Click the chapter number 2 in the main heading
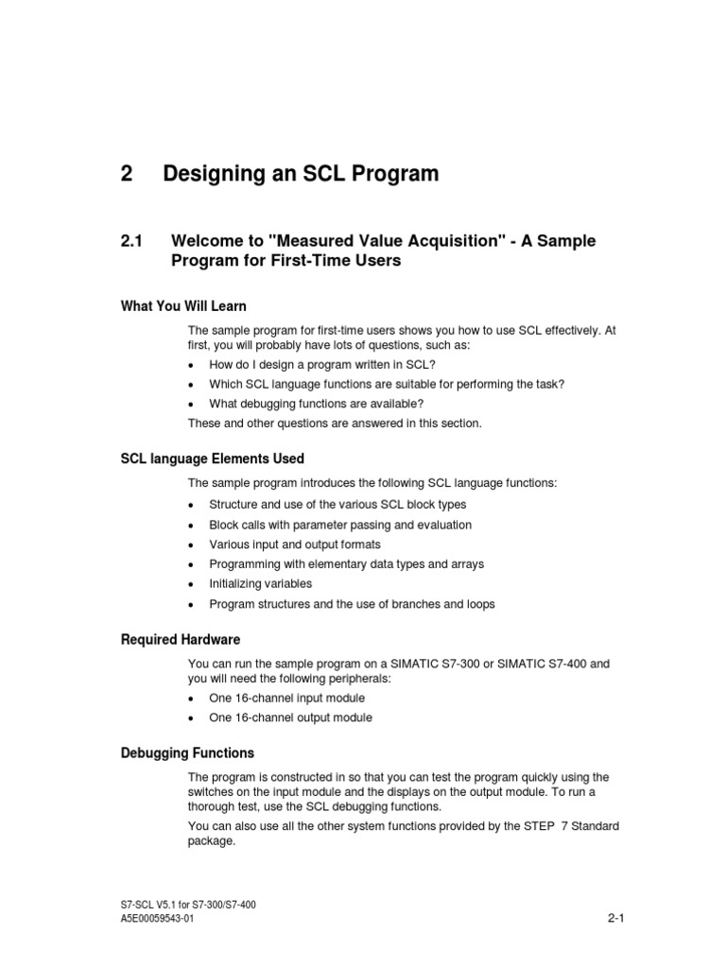[127, 174]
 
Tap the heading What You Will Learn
[183, 305]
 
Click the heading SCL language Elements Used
[213, 458]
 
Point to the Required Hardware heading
[181, 639]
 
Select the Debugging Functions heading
[187, 753]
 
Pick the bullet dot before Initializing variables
[191, 585]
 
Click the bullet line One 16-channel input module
[286, 698]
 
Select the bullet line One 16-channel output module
[290, 717]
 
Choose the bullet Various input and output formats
[295, 544]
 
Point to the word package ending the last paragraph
[211, 840]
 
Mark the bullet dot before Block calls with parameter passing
[191, 526]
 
